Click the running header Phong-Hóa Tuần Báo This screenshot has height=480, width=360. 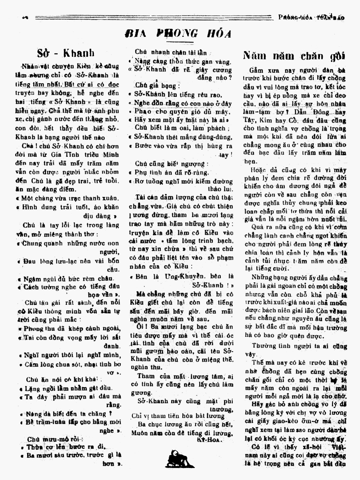(x=311, y=18)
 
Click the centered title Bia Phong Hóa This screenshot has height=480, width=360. (x=178, y=33)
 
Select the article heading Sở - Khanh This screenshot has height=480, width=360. (x=66, y=53)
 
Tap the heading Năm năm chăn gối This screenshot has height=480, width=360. (x=294, y=56)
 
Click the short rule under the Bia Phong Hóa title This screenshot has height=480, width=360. (x=179, y=42)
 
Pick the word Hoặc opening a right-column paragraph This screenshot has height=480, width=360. (x=257, y=170)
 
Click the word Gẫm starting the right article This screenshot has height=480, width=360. (x=257, y=71)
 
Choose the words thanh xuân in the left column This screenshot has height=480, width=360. (x=102, y=198)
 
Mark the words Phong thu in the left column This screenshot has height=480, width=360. (x=35, y=329)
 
